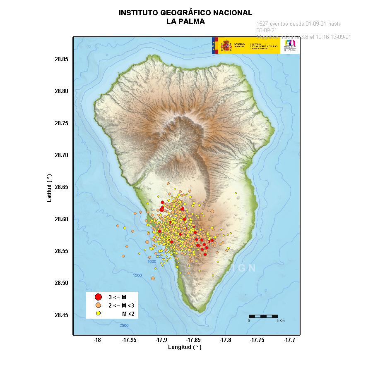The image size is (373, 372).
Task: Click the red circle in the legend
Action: click(x=99, y=297)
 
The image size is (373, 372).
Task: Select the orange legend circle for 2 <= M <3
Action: click(x=99, y=305)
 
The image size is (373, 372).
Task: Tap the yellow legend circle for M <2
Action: click(x=99, y=313)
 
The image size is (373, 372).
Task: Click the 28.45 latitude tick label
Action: click(x=61, y=315)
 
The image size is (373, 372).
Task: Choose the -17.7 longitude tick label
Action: click(x=289, y=340)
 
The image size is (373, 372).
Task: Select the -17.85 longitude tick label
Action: click(x=193, y=340)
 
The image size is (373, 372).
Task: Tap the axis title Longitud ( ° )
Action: click(x=185, y=347)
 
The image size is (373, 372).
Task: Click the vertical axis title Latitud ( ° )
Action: click(x=49, y=188)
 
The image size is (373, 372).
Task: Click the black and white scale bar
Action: click(x=263, y=316)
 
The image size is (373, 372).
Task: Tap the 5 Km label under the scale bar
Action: click(x=280, y=321)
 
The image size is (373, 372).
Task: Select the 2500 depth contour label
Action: click(x=124, y=326)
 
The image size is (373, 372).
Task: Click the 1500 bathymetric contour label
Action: click(x=137, y=275)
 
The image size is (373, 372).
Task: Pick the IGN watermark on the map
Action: click(x=244, y=268)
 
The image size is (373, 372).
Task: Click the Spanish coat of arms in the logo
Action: click(x=226, y=45)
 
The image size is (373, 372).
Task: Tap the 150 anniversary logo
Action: click(x=290, y=45)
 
